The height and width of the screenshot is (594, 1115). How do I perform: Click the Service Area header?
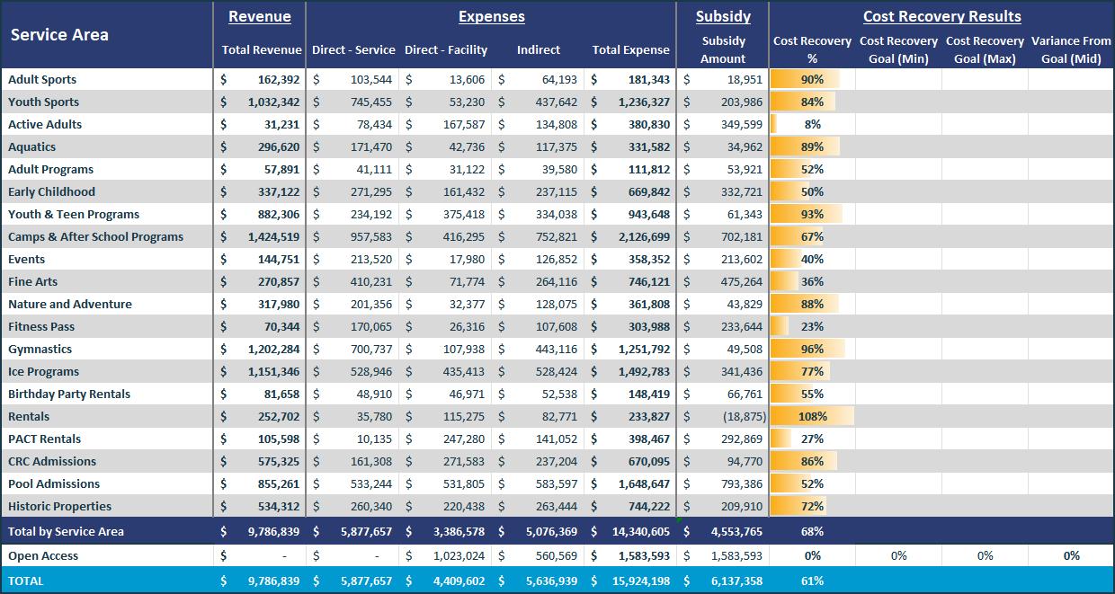59,35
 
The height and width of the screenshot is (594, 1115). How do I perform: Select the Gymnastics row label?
40,349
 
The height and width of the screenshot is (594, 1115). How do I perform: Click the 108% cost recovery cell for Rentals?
812,416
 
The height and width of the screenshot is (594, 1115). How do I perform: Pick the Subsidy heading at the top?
723,16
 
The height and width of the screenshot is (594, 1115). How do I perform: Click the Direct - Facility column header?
446,50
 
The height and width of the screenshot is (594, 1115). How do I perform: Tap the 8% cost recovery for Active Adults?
812,124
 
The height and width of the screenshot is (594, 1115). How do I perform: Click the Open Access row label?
43,555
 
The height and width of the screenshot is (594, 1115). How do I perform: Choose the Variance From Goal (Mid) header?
1071,49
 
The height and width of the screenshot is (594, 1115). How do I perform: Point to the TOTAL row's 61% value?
812,581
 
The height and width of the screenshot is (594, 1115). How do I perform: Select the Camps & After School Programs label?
95,236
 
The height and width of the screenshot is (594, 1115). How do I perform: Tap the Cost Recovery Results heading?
941,16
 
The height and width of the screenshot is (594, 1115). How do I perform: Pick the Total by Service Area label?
66,531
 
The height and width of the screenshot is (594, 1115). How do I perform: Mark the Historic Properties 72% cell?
812,506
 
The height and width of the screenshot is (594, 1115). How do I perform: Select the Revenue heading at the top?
260,16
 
